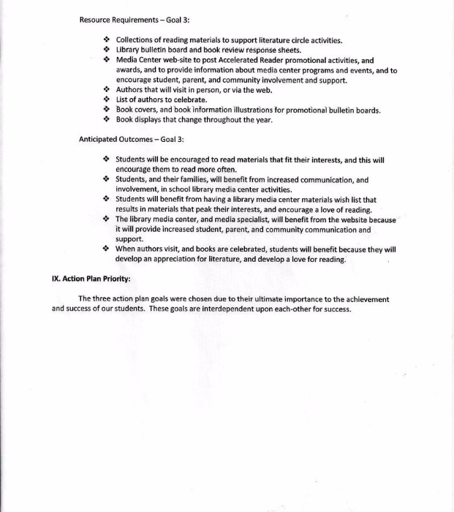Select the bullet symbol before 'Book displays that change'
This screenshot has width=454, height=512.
coord(106,120)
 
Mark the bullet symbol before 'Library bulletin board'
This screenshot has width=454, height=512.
coord(106,50)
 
